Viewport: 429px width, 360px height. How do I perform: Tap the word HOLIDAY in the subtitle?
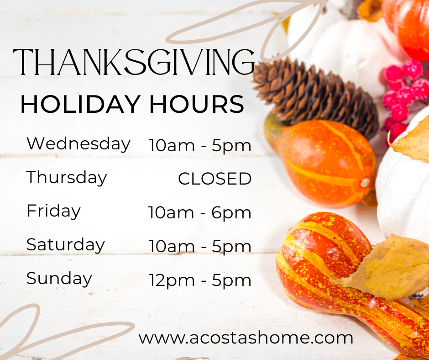tap(79, 104)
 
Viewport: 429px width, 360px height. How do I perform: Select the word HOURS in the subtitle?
tap(196, 104)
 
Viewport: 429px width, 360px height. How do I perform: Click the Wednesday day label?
tap(78, 143)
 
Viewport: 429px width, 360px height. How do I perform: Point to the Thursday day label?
tap(67, 178)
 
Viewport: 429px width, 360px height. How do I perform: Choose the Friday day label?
tap(53, 211)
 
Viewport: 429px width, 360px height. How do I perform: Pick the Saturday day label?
tap(66, 245)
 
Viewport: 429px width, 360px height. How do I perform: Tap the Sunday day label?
tap(59, 278)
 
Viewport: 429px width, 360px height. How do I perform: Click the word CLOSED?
tap(214, 179)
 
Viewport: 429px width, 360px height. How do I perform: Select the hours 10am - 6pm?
tap(200, 213)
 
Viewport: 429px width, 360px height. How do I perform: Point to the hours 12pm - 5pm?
tap(200, 280)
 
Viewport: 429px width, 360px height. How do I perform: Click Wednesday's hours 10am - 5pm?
tap(200, 146)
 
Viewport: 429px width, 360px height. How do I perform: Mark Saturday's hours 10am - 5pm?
tap(200, 247)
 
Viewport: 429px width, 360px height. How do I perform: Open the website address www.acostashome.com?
tap(246, 338)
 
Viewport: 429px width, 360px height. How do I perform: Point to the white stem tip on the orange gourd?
tap(365, 182)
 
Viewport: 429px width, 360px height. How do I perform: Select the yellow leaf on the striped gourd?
tap(388, 267)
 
